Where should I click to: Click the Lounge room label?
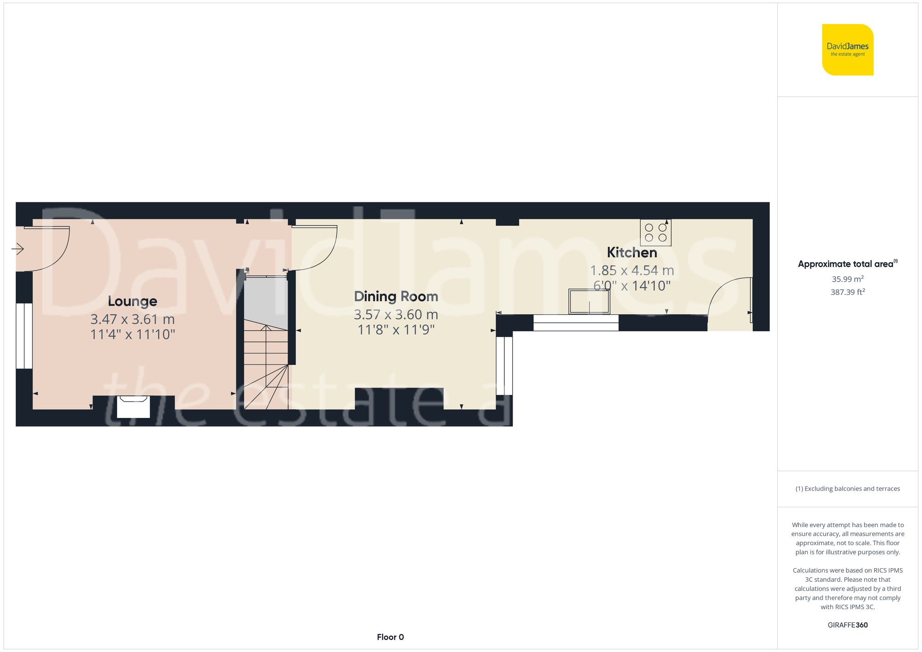point(132,301)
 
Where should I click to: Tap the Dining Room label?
point(396,297)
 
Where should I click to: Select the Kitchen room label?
point(632,253)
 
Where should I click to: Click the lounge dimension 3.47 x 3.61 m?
point(132,319)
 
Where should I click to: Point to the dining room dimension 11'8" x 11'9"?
point(396,330)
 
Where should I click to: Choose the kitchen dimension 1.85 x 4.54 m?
point(632,270)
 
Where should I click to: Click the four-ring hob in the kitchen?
point(656,233)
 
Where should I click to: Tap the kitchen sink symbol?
point(589,302)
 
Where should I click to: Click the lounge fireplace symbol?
point(133,406)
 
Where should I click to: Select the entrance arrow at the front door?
point(18,249)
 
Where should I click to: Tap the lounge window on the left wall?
point(24,335)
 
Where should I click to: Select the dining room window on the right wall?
point(504,366)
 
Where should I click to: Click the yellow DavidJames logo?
point(847,50)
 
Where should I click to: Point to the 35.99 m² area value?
point(847,279)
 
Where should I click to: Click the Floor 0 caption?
point(390,637)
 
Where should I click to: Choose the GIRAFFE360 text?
point(847,625)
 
